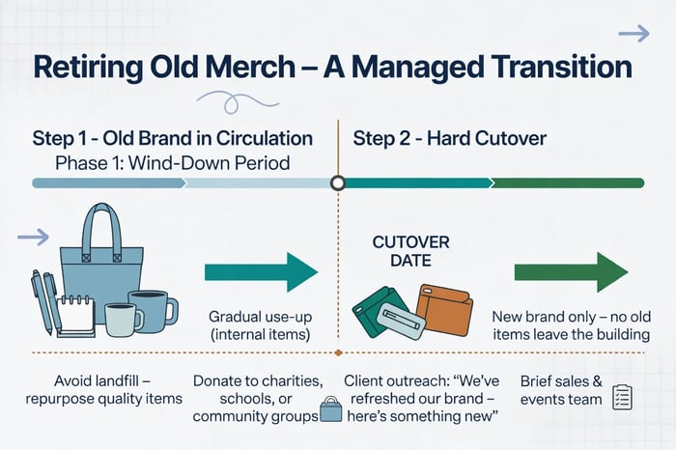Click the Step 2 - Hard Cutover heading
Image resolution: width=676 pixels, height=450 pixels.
[449, 138]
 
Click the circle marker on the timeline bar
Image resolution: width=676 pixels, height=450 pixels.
[337, 183]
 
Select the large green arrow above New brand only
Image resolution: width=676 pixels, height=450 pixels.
[571, 271]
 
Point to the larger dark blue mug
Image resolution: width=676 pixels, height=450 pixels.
[154, 309]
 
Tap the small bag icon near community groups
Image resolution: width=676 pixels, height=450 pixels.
[331, 409]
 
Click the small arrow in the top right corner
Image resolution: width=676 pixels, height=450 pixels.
[634, 34]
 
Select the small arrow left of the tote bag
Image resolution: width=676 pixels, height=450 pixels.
[34, 237]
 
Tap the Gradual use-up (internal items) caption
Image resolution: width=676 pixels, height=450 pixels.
[259, 326]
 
